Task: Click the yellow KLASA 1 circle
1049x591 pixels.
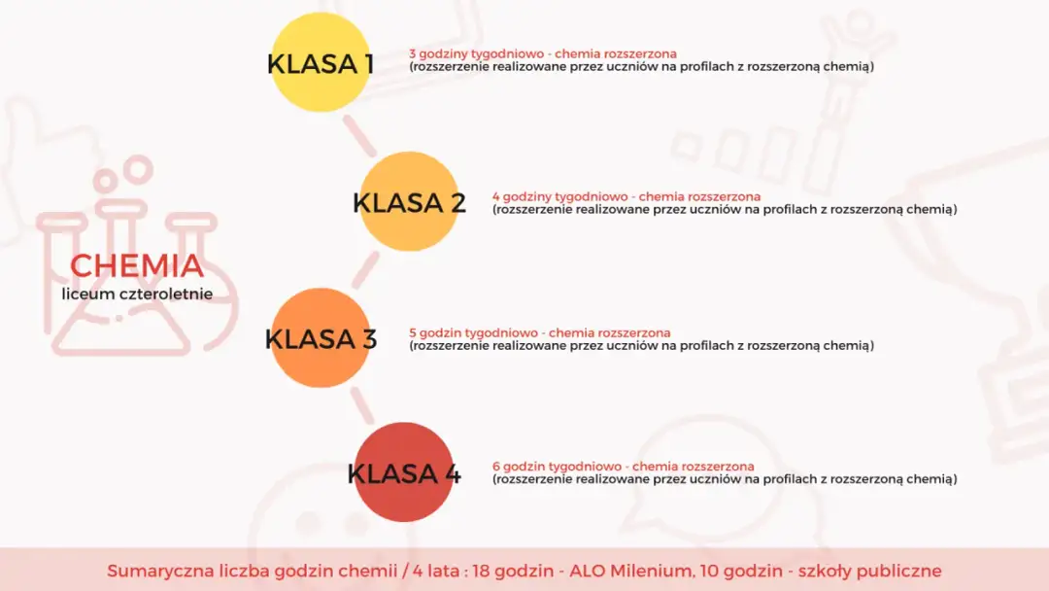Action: pos(321,63)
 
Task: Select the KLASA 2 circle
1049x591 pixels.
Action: pos(409,202)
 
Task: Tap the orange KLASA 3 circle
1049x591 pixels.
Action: pos(321,338)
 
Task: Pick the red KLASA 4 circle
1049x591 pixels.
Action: pos(404,473)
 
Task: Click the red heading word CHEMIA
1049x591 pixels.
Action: pos(137,265)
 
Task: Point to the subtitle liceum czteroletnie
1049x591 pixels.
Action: pos(137,293)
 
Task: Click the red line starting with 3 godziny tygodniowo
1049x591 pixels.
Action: pos(543,53)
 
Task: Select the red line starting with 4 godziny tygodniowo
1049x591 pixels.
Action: pos(626,196)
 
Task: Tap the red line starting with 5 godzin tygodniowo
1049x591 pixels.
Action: pos(539,332)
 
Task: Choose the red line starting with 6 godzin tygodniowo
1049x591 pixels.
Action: pos(623,467)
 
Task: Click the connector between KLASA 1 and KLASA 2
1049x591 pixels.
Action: pos(360,135)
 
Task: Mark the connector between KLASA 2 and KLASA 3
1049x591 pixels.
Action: pos(365,270)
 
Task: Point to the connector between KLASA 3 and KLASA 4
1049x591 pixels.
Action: pos(361,404)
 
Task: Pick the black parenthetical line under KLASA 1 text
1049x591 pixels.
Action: pos(641,67)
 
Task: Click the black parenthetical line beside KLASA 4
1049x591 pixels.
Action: pos(725,479)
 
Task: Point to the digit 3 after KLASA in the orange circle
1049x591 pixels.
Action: pos(369,339)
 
